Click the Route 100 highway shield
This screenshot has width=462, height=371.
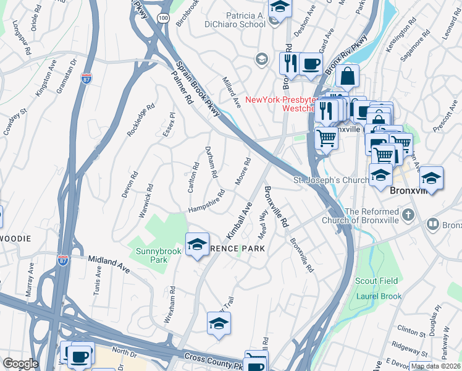pos(162,19)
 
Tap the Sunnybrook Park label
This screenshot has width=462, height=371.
pos(151,255)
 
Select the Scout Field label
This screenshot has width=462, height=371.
pos(376,281)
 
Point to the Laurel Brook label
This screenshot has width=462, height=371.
pos(379,296)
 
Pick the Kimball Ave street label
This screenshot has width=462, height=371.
pos(239,221)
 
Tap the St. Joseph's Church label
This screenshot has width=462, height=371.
pos(329,181)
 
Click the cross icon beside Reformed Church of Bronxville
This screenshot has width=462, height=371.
pos(406,215)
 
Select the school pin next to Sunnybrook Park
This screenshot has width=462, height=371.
pos(197,245)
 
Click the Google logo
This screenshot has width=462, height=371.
pos(20,363)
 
